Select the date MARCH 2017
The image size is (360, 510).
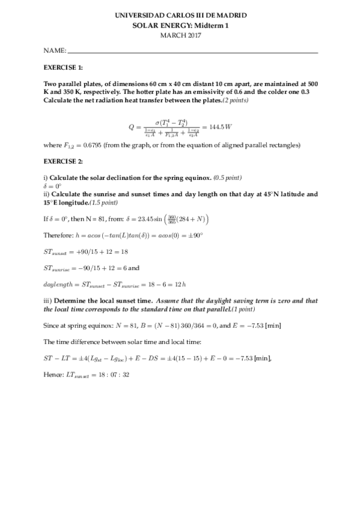click(x=180, y=35)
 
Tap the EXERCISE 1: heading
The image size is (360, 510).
click(x=64, y=69)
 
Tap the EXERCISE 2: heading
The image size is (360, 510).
click(x=64, y=162)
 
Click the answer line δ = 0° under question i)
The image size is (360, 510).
click(x=53, y=186)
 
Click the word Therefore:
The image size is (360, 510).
click(x=58, y=235)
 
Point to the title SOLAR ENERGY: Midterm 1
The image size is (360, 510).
click(x=180, y=26)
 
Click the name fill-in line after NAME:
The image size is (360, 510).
click(x=192, y=53)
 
